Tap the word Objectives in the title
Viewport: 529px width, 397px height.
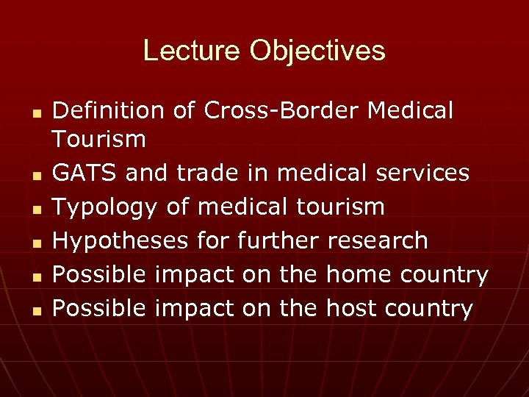pyautogui.click(x=317, y=51)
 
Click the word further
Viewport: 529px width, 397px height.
pyautogui.click(x=274, y=240)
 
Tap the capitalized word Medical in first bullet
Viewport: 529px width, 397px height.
pyautogui.click(x=411, y=110)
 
